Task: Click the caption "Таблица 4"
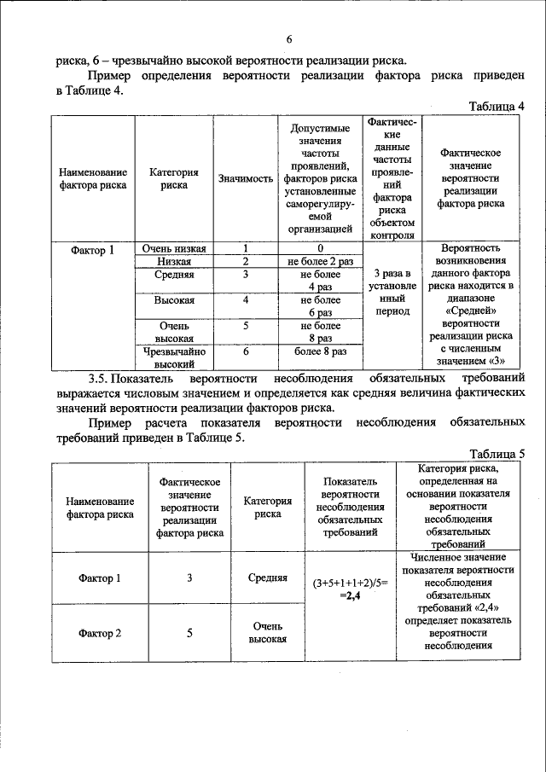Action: [x=496, y=106]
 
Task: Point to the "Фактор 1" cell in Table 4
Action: [x=93, y=250]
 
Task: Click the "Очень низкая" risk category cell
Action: [x=173, y=247]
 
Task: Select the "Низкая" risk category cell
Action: [x=173, y=261]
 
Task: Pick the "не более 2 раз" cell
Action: [x=320, y=261]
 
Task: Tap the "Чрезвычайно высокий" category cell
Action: [x=173, y=357]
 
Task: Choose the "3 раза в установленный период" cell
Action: [x=392, y=292]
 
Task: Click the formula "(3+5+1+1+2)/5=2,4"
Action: [x=351, y=589]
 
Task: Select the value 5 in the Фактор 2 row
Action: [x=189, y=633]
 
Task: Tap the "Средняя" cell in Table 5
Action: [x=267, y=578]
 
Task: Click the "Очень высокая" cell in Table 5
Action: [x=267, y=633]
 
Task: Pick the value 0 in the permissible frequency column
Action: [x=320, y=247]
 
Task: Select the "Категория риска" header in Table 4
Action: [x=173, y=178]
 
